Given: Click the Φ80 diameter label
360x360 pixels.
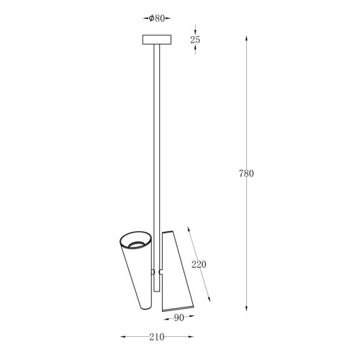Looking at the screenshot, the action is point(157,18).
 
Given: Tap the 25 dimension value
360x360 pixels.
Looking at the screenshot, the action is point(195,40).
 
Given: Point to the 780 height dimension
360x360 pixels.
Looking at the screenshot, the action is point(246,174).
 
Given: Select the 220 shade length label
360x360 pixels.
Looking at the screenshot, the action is point(199,264).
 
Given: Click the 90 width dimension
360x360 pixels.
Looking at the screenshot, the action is point(179,318).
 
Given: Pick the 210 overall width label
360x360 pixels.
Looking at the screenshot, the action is point(157,337).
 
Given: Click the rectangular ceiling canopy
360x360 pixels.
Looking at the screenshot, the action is point(157,40).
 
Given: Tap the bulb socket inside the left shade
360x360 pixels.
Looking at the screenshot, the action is point(136,244).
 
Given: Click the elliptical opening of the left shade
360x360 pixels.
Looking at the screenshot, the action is point(135,240).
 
